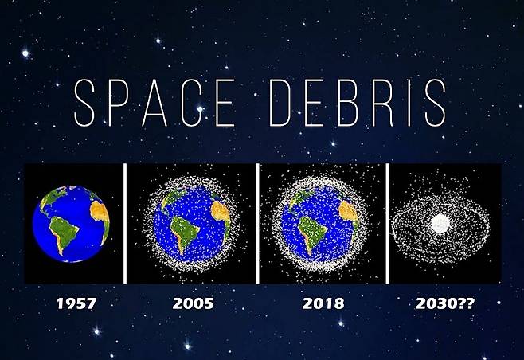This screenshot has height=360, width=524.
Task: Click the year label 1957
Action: pyautogui.click(x=76, y=303)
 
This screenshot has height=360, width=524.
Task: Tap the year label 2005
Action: pyautogui.click(x=194, y=303)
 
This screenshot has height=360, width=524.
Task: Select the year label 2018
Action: pyautogui.click(x=323, y=303)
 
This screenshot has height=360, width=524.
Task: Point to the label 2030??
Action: pyautogui.click(x=445, y=303)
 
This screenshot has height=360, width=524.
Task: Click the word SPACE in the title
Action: pyautogui.click(x=154, y=103)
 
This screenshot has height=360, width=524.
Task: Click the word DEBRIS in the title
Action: pyautogui.click(x=358, y=103)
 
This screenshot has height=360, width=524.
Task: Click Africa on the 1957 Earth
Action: pyautogui.click(x=100, y=217)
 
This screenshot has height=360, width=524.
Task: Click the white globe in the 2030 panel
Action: pyautogui.click(x=440, y=224)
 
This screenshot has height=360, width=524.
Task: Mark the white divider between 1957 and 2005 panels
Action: pyautogui.click(x=125, y=224)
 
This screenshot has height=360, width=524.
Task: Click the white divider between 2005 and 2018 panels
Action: pyautogui.click(x=258, y=224)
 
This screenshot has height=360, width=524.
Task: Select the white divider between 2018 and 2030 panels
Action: pyautogui.click(x=387, y=224)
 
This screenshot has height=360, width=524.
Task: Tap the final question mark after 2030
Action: pyautogui.click(x=470, y=303)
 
